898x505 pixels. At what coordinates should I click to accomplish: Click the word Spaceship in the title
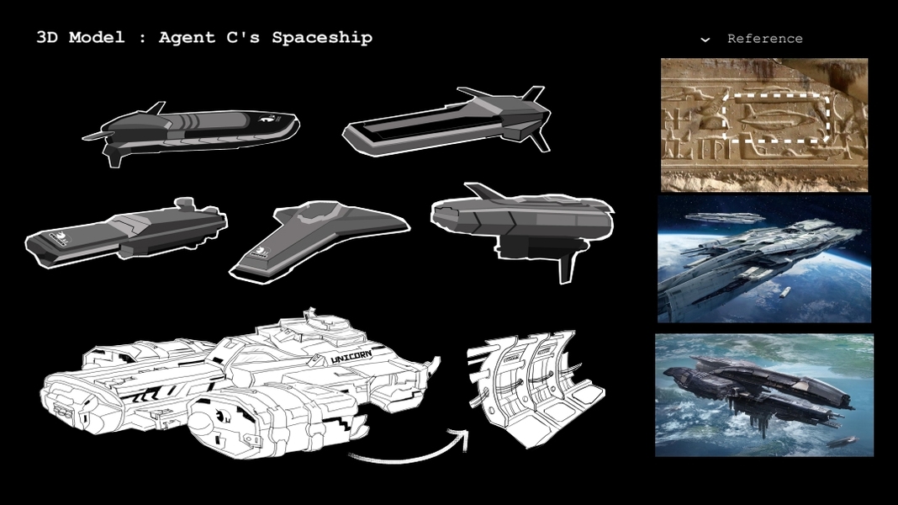[x=322, y=38]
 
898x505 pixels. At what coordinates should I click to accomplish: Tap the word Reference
[x=764, y=39]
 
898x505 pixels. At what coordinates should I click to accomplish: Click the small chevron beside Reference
[x=705, y=39]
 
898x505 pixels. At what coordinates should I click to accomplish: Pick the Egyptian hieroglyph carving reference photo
[x=763, y=125]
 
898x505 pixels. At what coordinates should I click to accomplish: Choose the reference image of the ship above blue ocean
[x=763, y=395]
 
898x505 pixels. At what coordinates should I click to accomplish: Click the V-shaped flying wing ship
[x=319, y=237]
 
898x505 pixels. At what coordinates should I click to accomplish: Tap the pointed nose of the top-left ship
[x=292, y=124]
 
